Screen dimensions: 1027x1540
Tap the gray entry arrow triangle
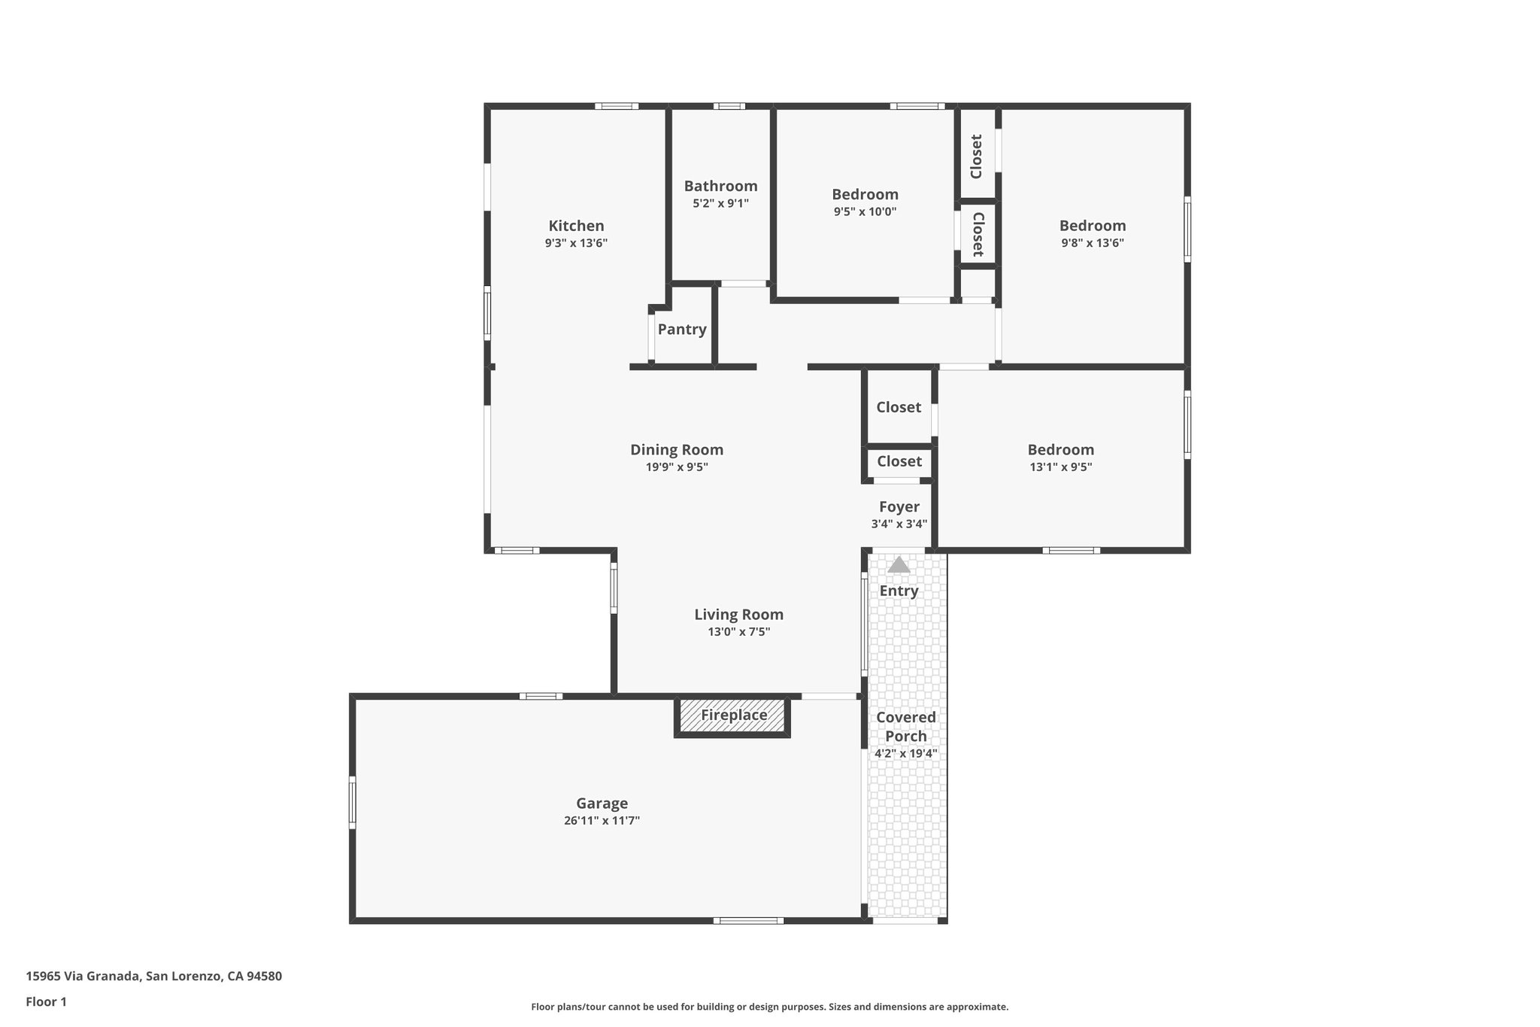pyautogui.click(x=899, y=565)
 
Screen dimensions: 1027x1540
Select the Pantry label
pyautogui.click(x=682, y=330)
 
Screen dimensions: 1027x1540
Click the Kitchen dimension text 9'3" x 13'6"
pyautogui.click(x=576, y=243)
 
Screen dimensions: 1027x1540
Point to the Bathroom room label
pyautogui.click(x=720, y=186)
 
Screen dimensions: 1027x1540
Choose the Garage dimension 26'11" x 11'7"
pyautogui.click(x=602, y=821)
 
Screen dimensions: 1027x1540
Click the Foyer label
pyautogui.click(x=899, y=507)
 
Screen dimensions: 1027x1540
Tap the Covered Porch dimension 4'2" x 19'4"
pyautogui.click(x=905, y=753)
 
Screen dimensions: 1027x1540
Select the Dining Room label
pyautogui.click(x=677, y=450)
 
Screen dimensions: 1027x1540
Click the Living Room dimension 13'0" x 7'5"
pyautogui.click(x=738, y=632)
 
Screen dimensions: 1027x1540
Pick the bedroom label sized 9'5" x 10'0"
pyautogui.click(x=865, y=195)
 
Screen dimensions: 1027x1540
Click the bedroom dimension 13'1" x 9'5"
pyautogui.click(x=1060, y=467)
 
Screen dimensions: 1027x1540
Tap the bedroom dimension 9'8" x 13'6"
pyautogui.click(x=1092, y=243)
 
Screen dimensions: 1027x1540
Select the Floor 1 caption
pyautogui.click(x=46, y=1002)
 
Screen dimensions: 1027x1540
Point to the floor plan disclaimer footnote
pyautogui.click(x=769, y=1007)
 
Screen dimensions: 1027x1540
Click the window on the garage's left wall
pyautogui.click(x=352, y=803)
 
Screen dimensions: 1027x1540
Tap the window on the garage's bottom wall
pyautogui.click(x=748, y=920)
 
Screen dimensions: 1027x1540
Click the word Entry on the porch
pyautogui.click(x=899, y=591)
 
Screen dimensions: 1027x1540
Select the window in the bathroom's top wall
pyautogui.click(x=729, y=106)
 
